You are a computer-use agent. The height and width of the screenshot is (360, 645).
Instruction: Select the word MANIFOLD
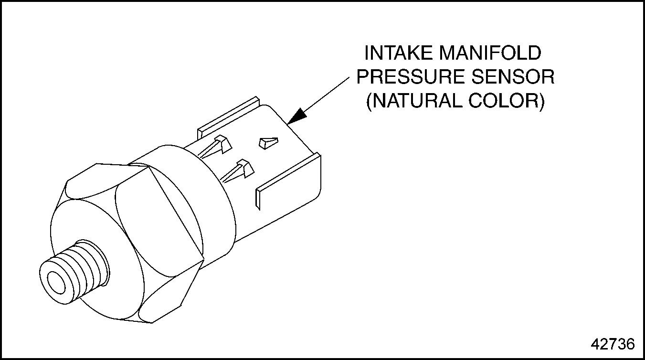(x=490, y=53)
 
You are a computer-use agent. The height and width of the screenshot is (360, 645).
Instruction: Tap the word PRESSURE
(x=410, y=77)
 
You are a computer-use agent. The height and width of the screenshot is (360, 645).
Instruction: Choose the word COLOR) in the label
(x=507, y=101)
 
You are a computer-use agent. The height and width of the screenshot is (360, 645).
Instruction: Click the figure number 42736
(x=613, y=344)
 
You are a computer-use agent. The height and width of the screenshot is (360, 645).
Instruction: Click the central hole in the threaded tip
(x=56, y=281)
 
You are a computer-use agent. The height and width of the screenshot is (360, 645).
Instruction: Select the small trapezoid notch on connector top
(x=268, y=143)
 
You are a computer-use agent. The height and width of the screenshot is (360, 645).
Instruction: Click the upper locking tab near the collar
(x=215, y=146)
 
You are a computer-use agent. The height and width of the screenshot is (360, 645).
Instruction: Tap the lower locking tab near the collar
(x=238, y=171)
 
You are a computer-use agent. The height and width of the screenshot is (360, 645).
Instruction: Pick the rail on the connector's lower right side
(x=288, y=181)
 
